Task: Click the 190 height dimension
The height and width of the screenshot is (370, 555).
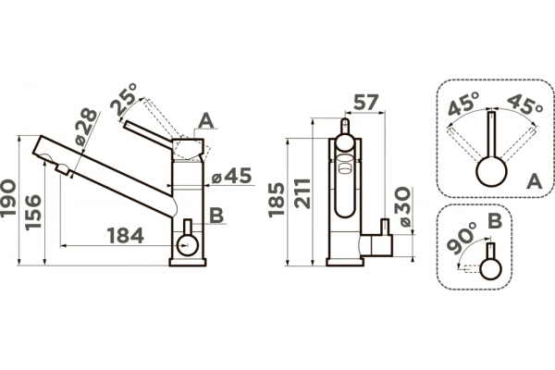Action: [8, 198]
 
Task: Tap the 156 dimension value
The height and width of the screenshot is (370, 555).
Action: [32, 213]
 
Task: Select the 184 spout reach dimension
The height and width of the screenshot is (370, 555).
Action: [125, 236]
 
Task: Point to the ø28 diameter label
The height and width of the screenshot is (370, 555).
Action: [86, 127]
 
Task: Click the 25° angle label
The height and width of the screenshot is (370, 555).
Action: [124, 100]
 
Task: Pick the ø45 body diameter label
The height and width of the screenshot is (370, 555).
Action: [231, 176]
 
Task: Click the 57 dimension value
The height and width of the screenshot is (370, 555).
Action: [366, 103]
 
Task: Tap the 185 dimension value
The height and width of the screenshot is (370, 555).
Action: [276, 200]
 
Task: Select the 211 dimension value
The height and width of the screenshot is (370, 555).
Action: [303, 193]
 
